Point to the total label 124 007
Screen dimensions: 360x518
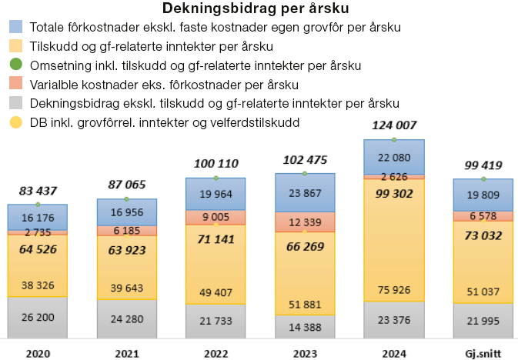[x=393, y=125]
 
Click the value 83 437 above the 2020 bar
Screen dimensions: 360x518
[x=37, y=190]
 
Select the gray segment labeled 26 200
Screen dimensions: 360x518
[x=37, y=317]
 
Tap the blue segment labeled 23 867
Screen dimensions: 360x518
[x=305, y=192]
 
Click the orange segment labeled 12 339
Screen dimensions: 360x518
[x=305, y=222]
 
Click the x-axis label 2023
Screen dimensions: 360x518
[x=305, y=353]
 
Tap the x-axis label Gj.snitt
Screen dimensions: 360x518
[x=483, y=353]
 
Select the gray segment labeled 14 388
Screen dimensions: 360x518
[x=305, y=326]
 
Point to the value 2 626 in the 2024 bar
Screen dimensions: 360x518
[x=393, y=176]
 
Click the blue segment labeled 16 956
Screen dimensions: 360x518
[x=126, y=212]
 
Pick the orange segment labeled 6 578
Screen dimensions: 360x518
[x=483, y=216]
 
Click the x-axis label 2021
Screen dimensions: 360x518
[x=126, y=353]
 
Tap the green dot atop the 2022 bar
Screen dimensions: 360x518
[x=216, y=178]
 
